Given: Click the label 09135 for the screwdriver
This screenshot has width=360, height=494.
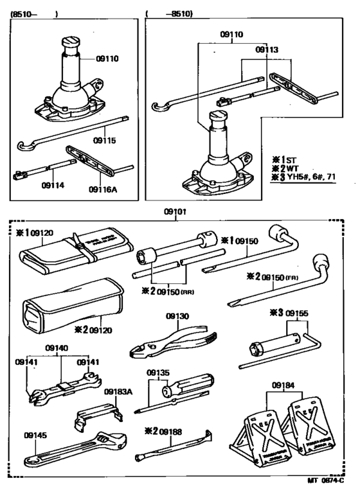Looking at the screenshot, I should [x=158, y=372].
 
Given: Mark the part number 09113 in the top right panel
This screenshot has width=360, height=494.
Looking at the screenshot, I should [x=267, y=49].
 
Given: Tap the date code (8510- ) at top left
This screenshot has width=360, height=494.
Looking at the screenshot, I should [x=34, y=12].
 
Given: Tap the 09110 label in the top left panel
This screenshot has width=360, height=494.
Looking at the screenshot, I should [x=108, y=59].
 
